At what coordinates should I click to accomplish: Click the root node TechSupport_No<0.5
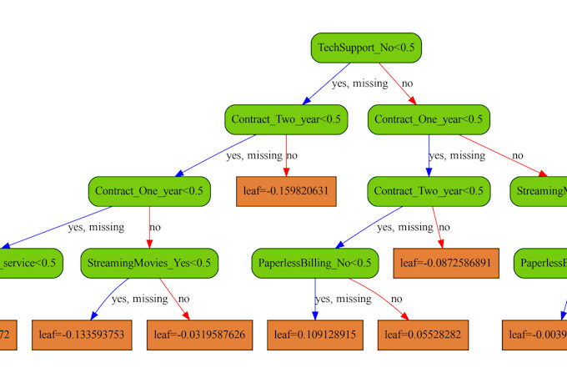[365, 48]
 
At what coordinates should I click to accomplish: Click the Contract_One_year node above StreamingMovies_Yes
[148, 191]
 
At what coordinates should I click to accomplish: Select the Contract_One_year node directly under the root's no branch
[429, 119]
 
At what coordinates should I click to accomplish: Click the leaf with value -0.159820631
[287, 191]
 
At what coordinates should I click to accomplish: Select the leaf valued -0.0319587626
[199, 335]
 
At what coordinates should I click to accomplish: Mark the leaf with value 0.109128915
[314, 335]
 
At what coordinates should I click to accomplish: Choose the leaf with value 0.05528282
[422, 335]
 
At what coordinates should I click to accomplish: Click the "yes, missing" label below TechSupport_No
[359, 83]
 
